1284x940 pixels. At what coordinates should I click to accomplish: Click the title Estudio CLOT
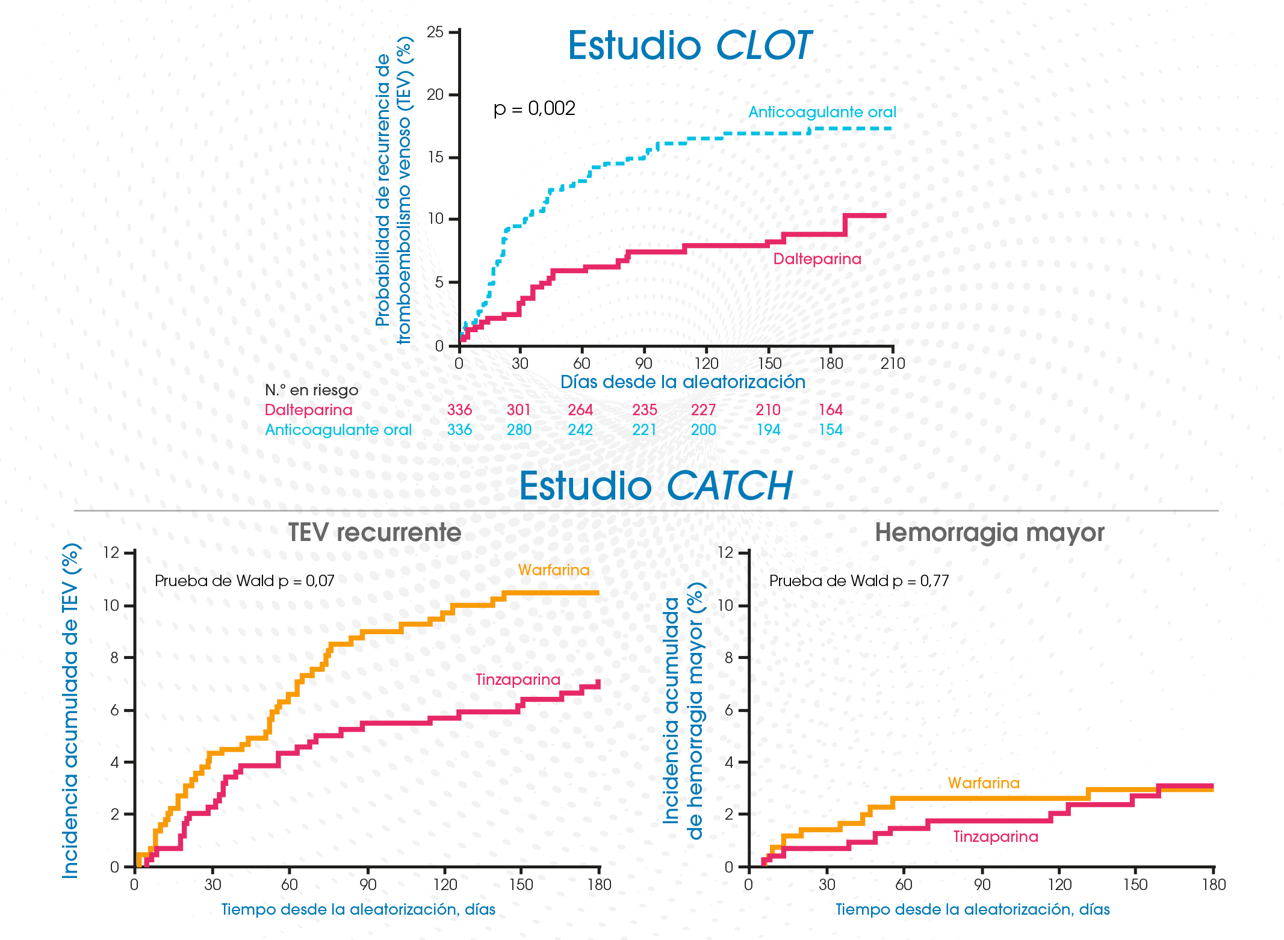(x=689, y=46)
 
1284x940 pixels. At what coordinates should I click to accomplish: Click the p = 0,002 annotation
(x=534, y=108)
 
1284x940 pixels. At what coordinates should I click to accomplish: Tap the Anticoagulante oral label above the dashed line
(x=822, y=112)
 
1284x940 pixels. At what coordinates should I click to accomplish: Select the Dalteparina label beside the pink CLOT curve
(x=817, y=259)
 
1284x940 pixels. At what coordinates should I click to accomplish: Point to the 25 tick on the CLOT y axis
(x=435, y=32)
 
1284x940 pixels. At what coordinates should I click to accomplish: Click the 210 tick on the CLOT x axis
(x=893, y=363)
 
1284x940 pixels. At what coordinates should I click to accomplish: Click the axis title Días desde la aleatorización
(x=683, y=382)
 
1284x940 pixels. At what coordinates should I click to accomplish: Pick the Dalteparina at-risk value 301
(x=518, y=410)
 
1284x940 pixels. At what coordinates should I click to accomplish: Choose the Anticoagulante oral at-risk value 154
(x=831, y=430)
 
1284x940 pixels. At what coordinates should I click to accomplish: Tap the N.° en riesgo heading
(x=311, y=390)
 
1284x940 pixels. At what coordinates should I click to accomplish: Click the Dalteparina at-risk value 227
(x=703, y=410)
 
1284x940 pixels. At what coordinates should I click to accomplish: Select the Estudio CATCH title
(x=656, y=486)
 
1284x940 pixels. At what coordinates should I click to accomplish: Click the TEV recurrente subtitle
(x=374, y=533)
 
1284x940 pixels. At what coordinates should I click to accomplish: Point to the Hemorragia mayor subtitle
(x=989, y=533)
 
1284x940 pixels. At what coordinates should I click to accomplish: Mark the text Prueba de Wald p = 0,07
(x=244, y=581)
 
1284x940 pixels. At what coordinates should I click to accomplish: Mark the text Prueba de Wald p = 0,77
(x=859, y=581)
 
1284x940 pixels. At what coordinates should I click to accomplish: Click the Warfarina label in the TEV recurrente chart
(x=554, y=570)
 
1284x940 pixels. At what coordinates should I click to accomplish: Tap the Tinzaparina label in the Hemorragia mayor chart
(x=996, y=836)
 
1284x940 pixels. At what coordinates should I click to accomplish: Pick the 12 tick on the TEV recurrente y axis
(x=112, y=552)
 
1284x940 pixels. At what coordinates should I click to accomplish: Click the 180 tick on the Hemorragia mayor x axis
(x=1214, y=885)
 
